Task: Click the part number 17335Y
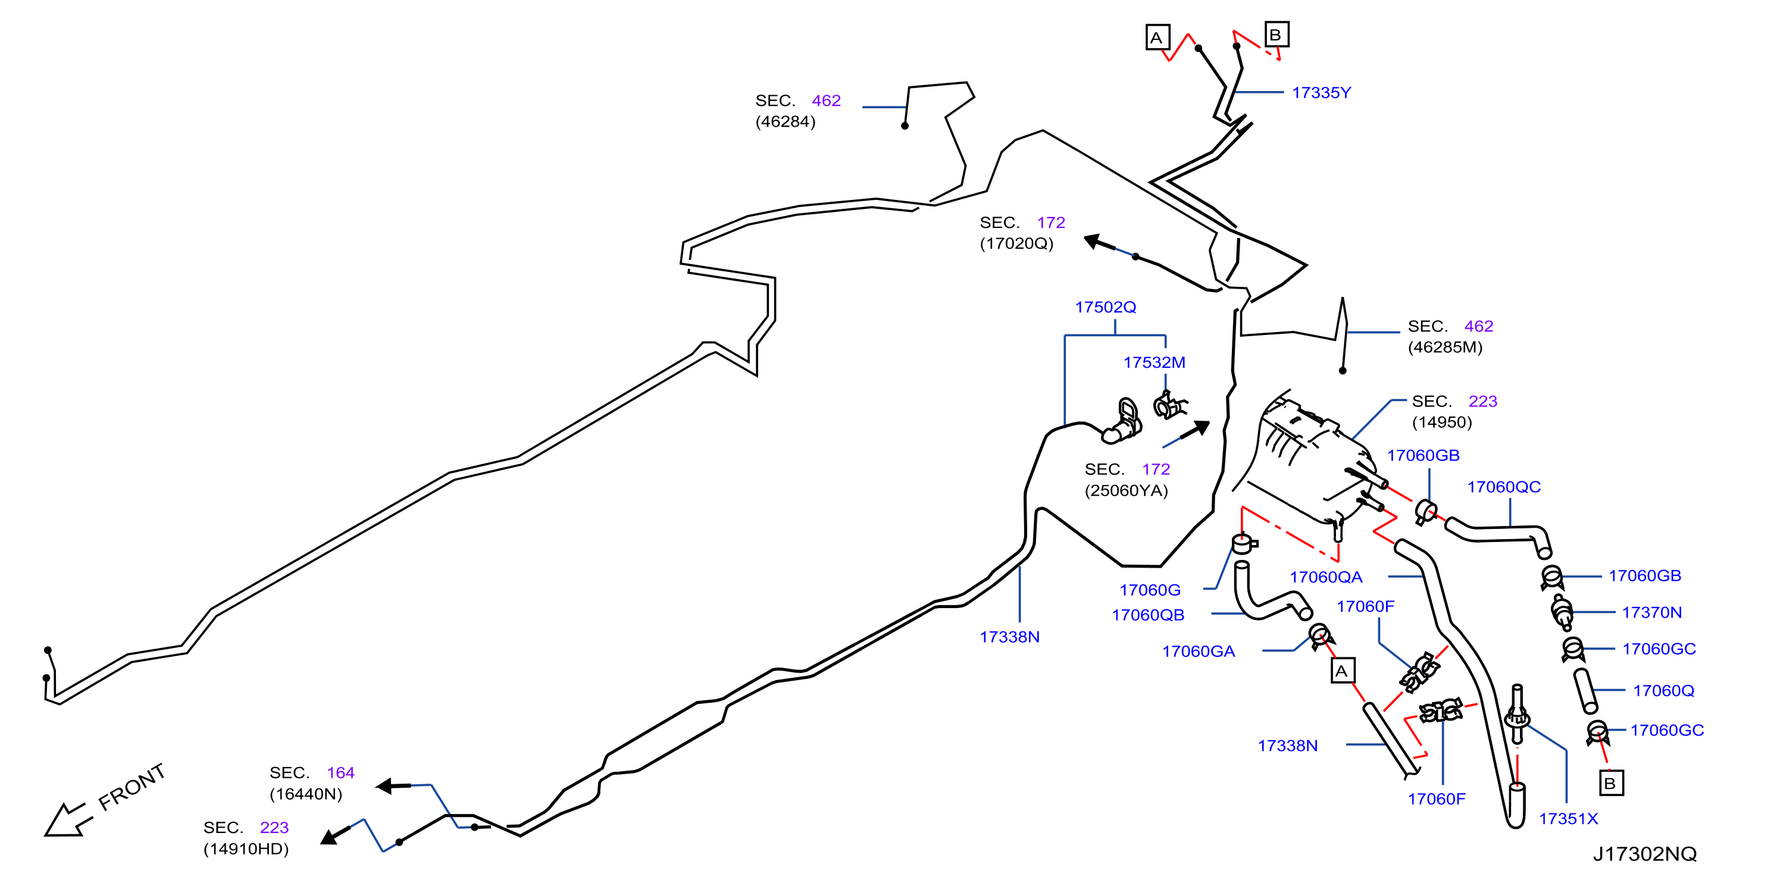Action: click(x=1321, y=92)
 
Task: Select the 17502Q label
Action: click(x=1105, y=307)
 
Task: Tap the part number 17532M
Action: click(x=1154, y=362)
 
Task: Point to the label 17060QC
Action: click(x=1503, y=487)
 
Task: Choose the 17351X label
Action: click(x=1568, y=819)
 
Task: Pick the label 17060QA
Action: click(x=1326, y=577)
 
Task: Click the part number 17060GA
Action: click(x=1198, y=651)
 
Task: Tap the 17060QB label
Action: click(x=1148, y=615)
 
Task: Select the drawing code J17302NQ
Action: click(x=1644, y=854)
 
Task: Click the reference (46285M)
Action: click(x=1444, y=347)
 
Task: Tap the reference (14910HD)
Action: click(x=246, y=848)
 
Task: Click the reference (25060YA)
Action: click(x=1126, y=490)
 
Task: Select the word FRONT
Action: click(x=132, y=787)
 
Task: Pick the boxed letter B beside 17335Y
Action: click(x=1276, y=35)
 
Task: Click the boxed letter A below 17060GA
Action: click(x=1343, y=671)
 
